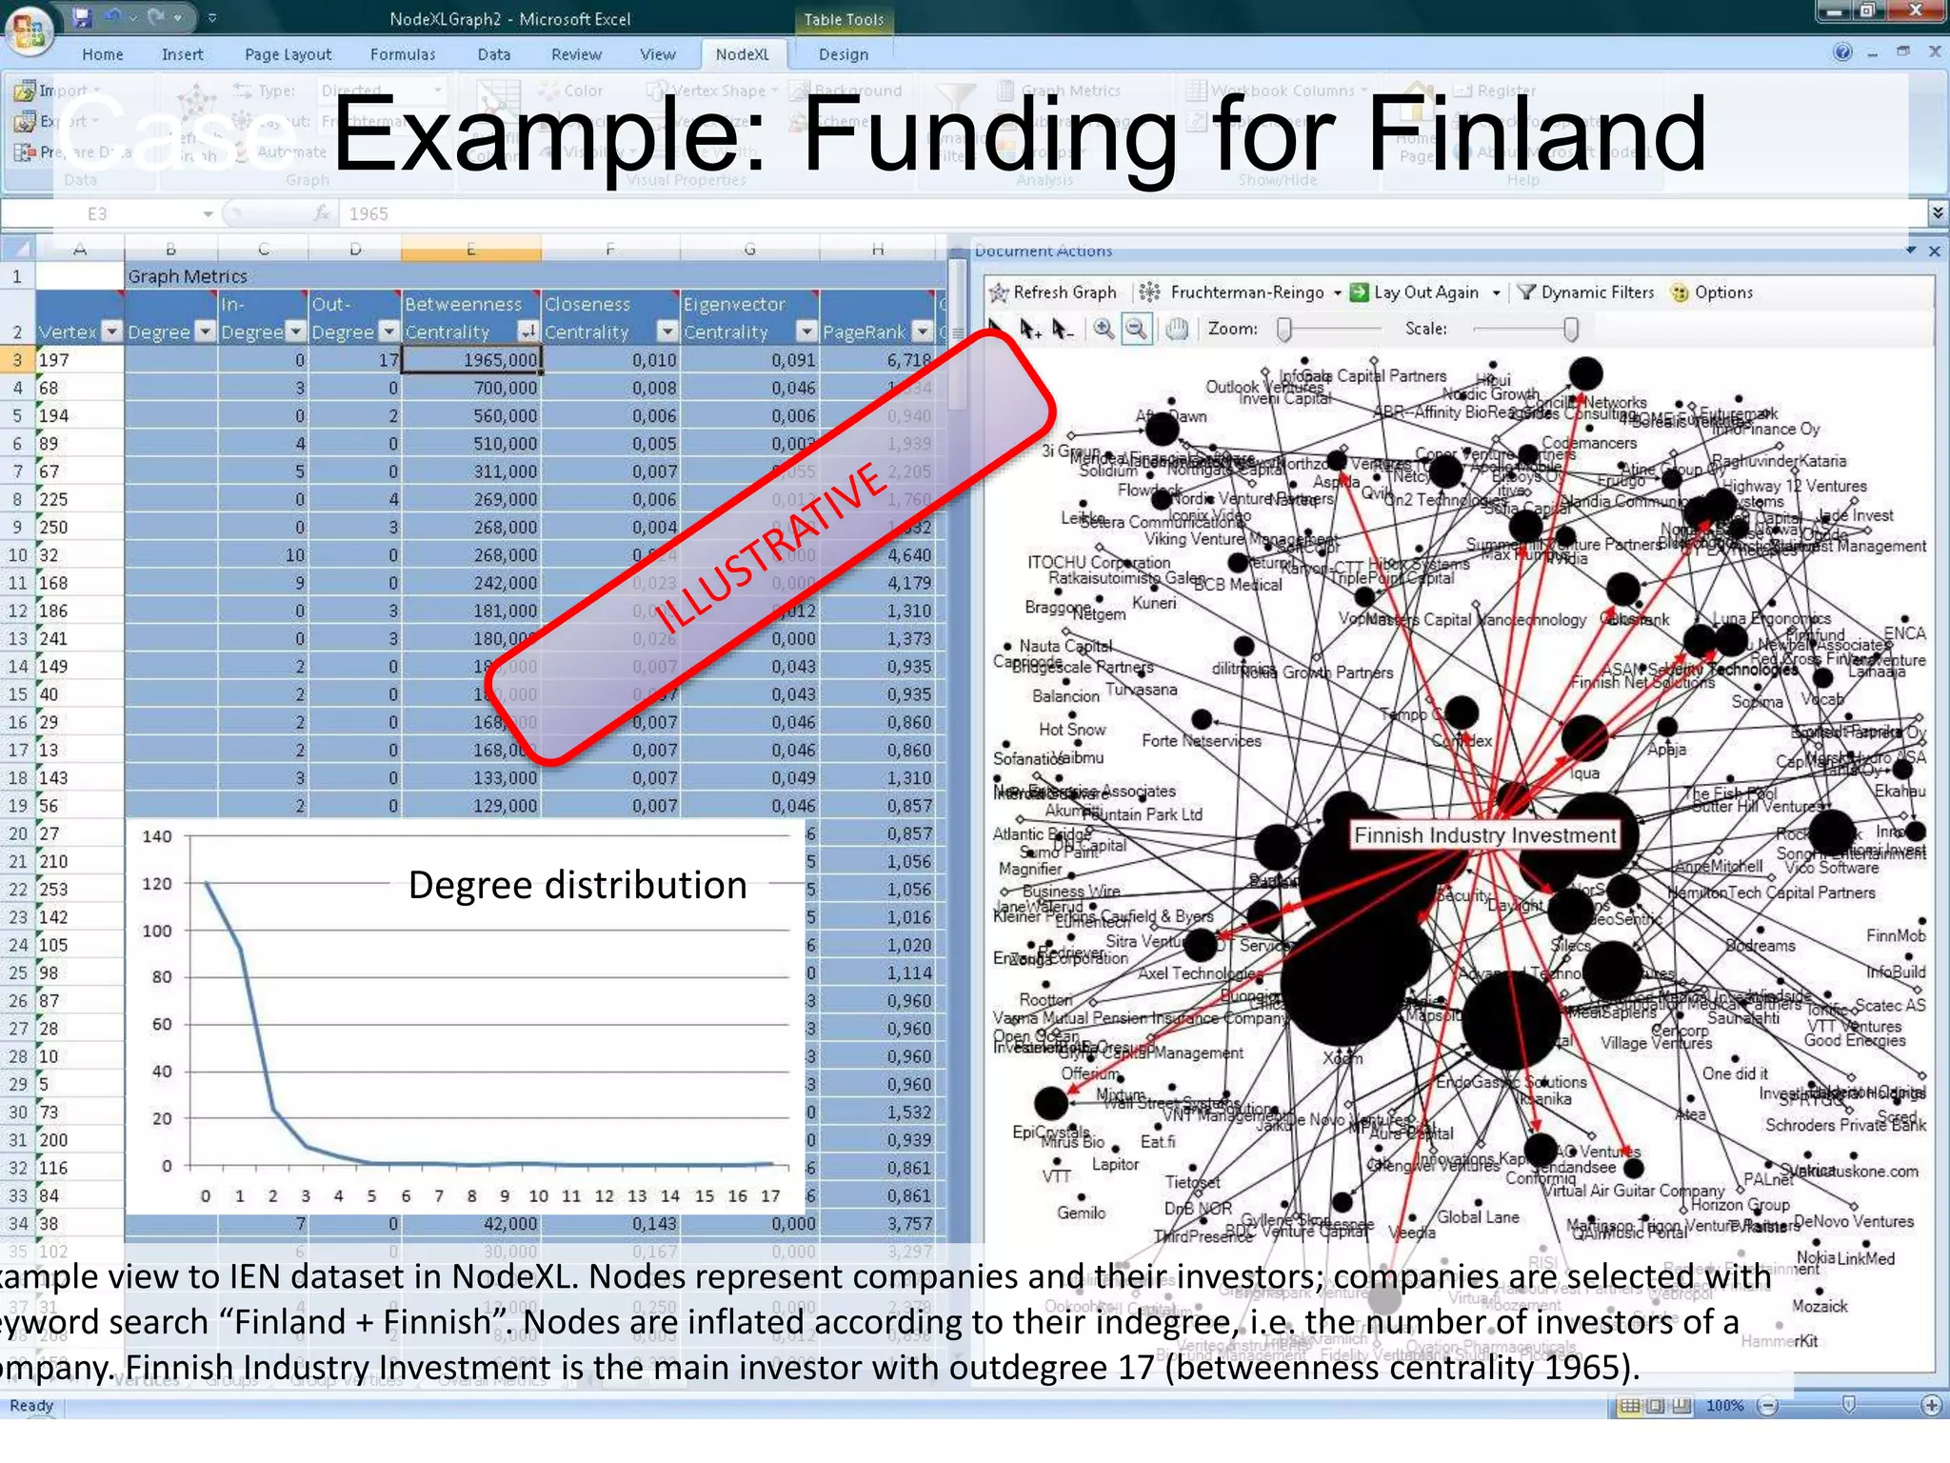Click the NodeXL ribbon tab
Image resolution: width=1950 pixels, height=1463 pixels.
pos(742,54)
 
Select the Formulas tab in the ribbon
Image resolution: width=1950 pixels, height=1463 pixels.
pos(403,54)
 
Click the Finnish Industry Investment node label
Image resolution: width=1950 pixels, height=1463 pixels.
pos(1484,835)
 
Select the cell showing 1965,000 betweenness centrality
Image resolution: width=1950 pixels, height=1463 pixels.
pos(472,360)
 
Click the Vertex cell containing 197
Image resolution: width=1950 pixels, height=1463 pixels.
pos(80,360)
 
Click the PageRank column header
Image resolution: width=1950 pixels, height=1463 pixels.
pos(865,331)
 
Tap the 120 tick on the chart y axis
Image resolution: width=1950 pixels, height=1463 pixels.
pos(157,884)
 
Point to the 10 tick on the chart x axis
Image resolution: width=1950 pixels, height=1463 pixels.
pos(538,1196)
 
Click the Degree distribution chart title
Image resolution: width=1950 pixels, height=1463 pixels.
pos(577,886)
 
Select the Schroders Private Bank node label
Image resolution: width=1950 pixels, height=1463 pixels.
pos(1844,1125)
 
